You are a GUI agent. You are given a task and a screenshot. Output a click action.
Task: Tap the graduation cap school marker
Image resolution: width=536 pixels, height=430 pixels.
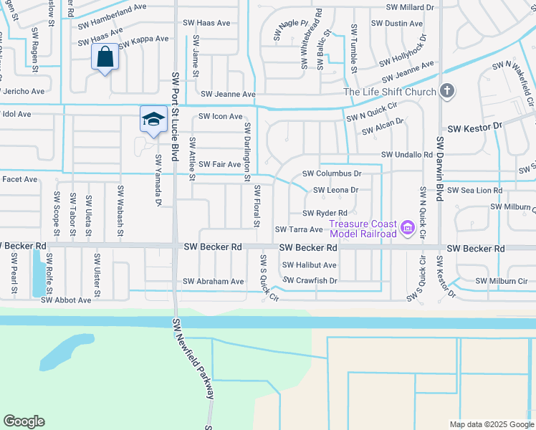click(x=153, y=119)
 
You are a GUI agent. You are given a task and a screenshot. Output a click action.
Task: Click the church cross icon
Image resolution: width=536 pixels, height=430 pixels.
click(x=447, y=91)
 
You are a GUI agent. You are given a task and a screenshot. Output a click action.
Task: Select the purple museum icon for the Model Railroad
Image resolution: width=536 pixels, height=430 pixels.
click(x=408, y=229)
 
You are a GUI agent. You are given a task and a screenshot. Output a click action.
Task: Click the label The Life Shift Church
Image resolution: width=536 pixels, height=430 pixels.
click(x=390, y=92)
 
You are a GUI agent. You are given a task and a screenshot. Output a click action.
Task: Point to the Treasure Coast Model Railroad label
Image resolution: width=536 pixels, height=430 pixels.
click(x=363, y=229)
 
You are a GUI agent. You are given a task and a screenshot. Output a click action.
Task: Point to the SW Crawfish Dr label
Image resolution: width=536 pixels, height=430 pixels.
click(x=310, y=280)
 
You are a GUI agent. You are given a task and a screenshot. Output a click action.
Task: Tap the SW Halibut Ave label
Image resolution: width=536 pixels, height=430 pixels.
click(x=310, y=265)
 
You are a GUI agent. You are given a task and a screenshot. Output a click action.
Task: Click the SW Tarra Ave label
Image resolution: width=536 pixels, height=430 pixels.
click(x=299, y=229)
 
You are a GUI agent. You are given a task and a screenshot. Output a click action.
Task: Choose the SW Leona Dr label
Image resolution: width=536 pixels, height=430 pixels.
click(x=335, y=190)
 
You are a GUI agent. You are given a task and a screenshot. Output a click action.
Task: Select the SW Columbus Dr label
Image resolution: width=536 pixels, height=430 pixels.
click(x=332, y=173)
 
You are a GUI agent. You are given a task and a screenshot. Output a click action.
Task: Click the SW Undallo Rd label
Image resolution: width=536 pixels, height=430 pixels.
click(x=406, y=155)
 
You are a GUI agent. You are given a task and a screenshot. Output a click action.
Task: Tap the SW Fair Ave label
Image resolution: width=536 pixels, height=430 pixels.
click(x=219, y=164)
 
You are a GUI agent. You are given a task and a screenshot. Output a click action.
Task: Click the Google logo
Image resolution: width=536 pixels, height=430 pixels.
click(x=24, y=421)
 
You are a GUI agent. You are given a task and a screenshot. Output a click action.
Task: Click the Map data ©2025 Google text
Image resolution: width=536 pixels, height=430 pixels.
click(x=491, y=424)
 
